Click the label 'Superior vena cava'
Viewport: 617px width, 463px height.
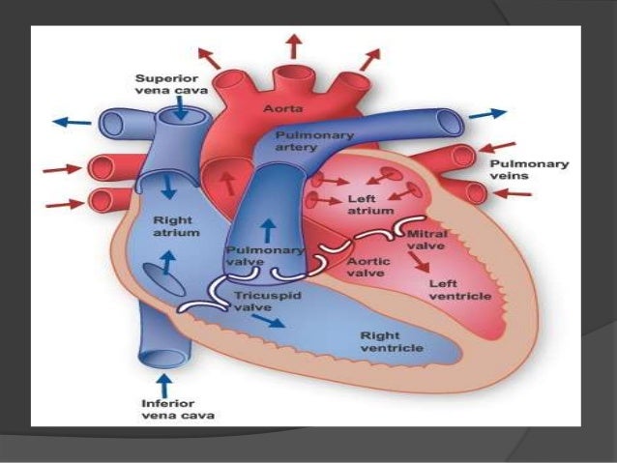[x=166, y=85]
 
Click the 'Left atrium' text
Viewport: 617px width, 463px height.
[x=369, y=205]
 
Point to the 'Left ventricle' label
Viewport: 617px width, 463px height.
[x=460, y=290]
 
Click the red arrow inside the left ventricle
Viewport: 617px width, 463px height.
[x=419, y=261]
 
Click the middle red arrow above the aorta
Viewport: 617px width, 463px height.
[x=290, y=44]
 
